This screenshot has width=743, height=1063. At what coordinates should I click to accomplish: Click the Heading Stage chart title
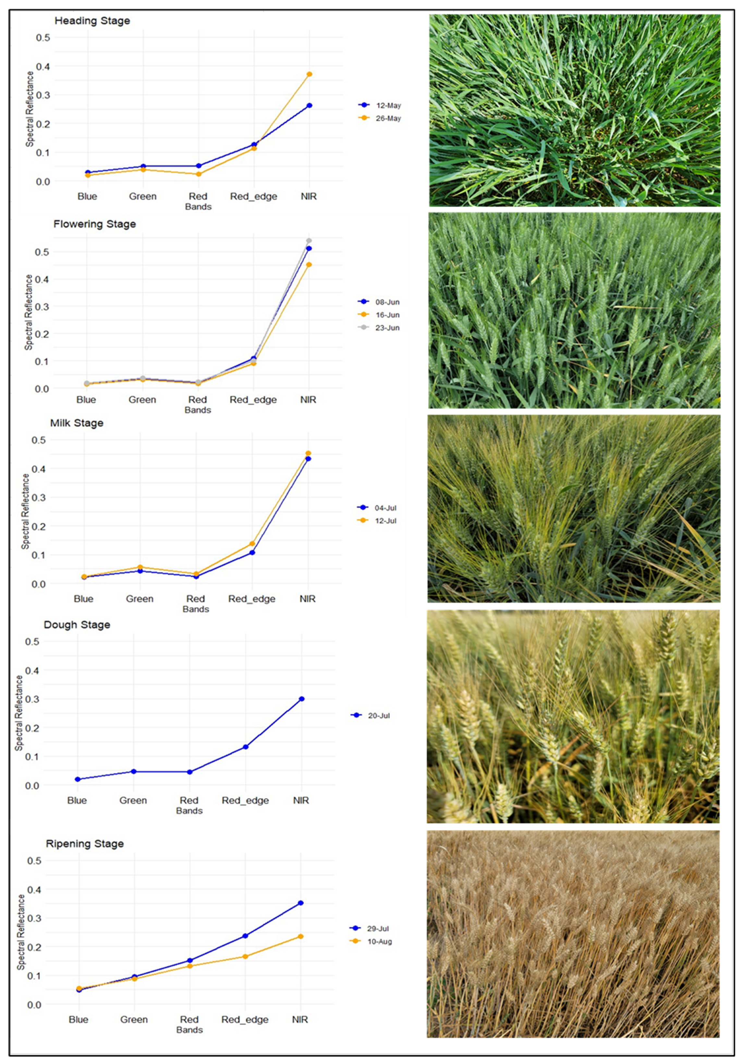coord(92,21)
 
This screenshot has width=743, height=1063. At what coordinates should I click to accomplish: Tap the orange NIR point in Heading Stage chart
coord(310,74)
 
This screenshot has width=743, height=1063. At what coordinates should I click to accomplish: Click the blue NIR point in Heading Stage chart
coord(310,106)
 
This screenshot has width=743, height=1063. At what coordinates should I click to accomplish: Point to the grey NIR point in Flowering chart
coord(309,241)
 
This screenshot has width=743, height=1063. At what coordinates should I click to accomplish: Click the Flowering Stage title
coord(94,224)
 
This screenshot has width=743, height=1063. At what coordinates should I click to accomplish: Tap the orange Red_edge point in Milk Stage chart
coord(252,544)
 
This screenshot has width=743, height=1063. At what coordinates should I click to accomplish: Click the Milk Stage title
coord(77,423)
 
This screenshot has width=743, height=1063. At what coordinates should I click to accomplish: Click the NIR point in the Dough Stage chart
coord(302,699)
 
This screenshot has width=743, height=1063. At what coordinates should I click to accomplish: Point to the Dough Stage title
coord(77,625)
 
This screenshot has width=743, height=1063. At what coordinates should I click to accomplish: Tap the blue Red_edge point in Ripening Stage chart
coord(245,936)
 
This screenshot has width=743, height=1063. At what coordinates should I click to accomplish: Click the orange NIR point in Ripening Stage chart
coord(301,937)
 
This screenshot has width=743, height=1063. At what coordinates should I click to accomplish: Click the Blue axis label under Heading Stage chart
coord(87,196)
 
